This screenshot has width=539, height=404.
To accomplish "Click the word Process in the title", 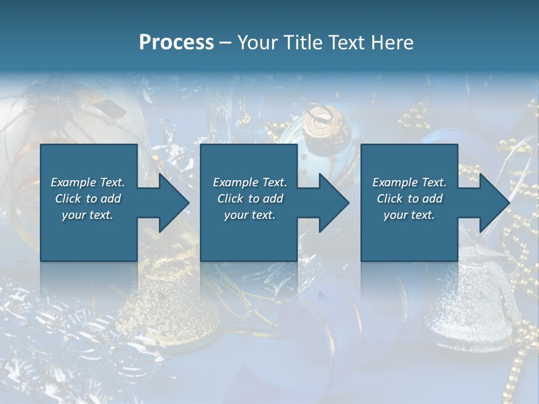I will click(x=176, y=43).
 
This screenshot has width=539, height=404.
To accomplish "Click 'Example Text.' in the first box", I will click(x=88, y=182).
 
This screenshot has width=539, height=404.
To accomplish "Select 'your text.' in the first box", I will click(x=88, y=215).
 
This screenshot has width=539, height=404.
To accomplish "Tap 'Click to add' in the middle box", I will click(x=250, y=199).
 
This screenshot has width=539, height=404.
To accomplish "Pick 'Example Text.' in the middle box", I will click(x=250, y=182).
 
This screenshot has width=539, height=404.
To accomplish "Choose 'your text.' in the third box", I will click(x=409, y=215).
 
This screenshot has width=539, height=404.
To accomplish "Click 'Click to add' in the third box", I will click(x=409, y=199).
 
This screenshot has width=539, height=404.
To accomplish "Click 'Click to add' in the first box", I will click(x=88, y=199).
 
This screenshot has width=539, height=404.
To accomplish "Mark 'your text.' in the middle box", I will click(x=250, y=215).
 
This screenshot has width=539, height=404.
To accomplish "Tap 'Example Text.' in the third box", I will click(x=409, y=182).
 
